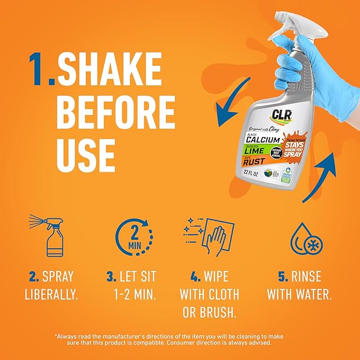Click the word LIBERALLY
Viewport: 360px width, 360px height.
coord(51,294)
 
